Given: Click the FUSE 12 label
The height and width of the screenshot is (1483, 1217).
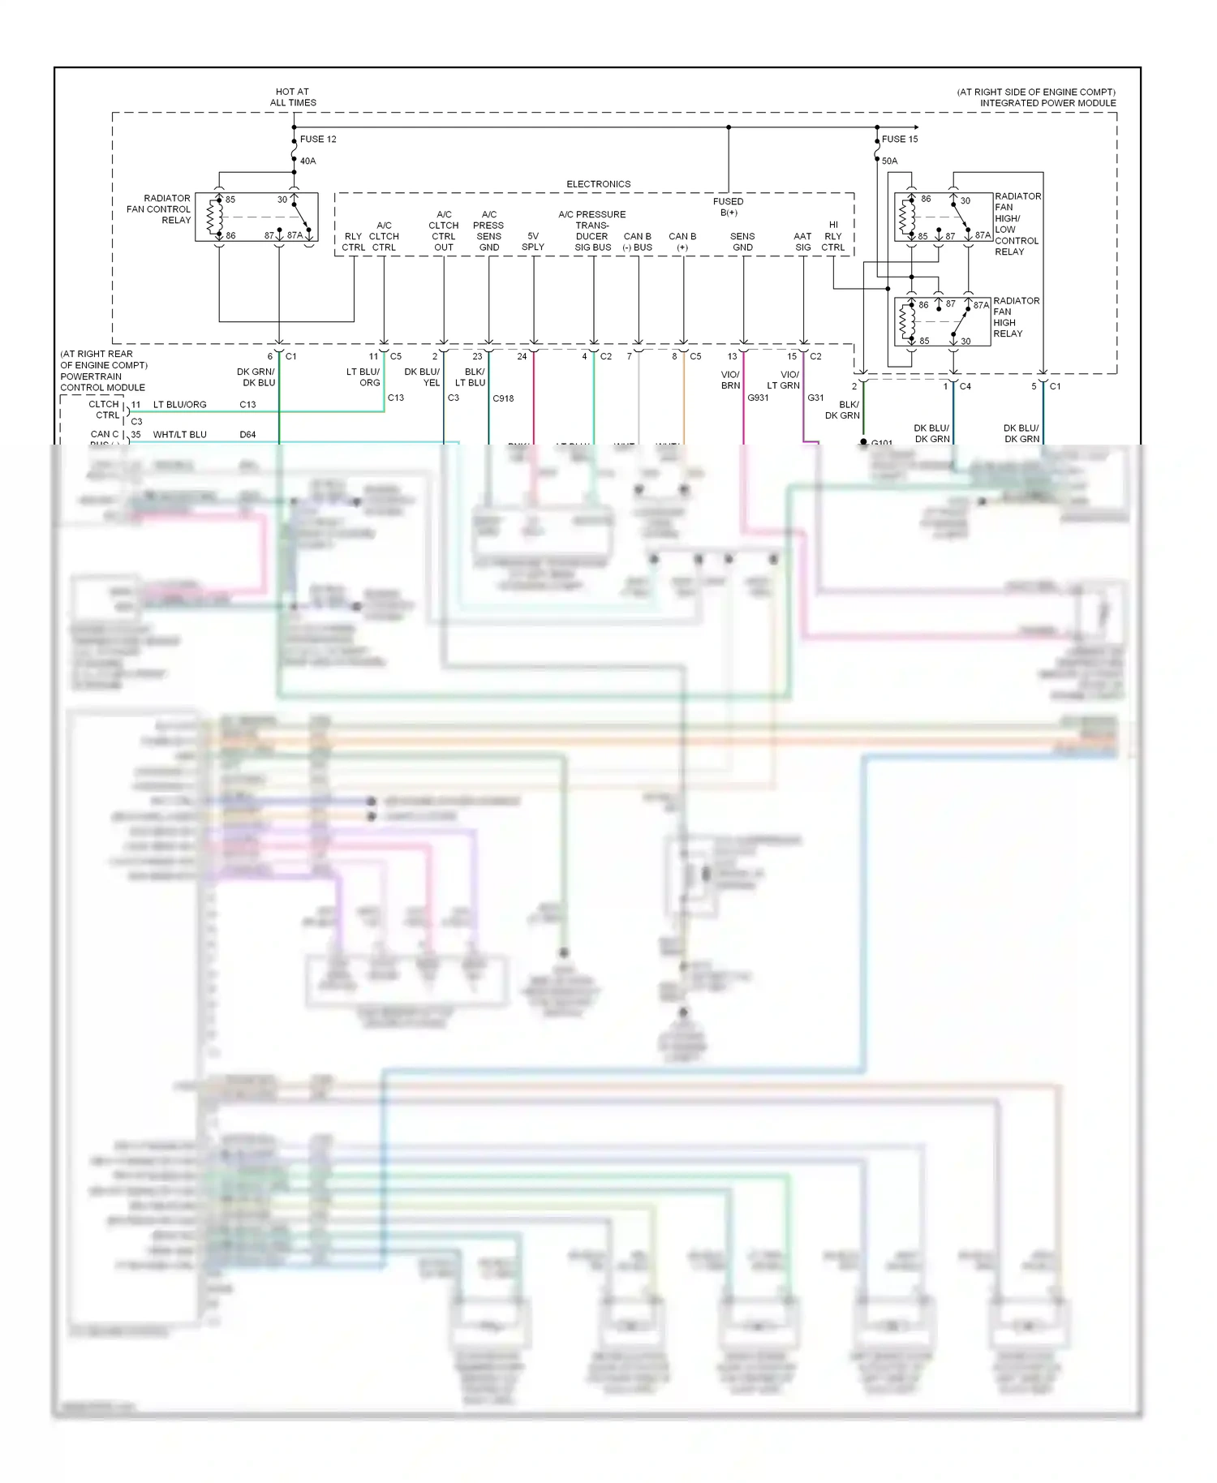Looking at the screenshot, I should click(x=318, y=139).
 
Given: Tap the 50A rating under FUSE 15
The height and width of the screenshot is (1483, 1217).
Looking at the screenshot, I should click(x=889, y=161).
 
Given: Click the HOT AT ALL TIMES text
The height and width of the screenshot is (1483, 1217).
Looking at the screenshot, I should click(x=293, y=97).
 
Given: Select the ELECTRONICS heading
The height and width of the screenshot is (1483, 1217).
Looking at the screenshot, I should click(x=598, y=184).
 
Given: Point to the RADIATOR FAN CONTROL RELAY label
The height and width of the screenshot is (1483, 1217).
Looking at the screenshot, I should click(x=159, y=209).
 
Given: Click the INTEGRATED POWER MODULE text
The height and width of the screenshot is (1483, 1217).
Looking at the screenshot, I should click(x=1047, y=103).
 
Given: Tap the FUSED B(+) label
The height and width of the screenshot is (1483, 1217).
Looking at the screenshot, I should click(x=728, y=207).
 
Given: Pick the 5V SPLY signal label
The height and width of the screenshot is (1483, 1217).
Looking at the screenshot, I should click(x=533, y=242).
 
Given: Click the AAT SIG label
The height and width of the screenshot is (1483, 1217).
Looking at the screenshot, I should click(x=802, y=242).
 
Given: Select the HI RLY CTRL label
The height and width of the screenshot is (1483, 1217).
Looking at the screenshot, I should click(x=833, y=236).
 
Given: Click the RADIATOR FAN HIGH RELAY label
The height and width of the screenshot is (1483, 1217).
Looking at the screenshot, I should click(x=1015, y=317).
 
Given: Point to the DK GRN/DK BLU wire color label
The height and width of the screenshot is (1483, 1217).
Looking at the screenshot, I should click(x=256, y=377).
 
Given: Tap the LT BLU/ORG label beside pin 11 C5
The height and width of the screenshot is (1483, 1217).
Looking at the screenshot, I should click(x=363, y=377).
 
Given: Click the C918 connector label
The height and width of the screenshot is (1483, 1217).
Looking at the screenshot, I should click(x=503, y=398).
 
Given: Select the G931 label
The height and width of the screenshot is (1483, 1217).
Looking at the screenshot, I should click(x=758, y=398).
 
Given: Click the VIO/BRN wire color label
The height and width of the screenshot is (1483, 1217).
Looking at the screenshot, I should click(x=730, y=380).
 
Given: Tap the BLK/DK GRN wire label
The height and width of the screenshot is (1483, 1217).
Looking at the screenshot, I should click(x=843, y=410).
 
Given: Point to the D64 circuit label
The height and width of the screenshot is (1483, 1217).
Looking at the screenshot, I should click(x=247, y=435).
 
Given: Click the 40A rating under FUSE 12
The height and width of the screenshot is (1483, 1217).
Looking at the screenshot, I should click(x=307, y=161).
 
